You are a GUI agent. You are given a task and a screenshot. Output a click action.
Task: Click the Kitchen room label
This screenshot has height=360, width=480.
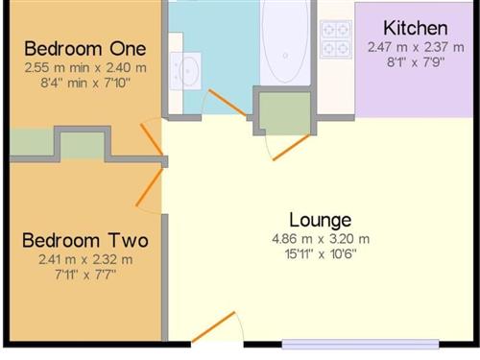[x=416, y=28]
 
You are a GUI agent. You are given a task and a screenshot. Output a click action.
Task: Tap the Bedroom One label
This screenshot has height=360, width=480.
[x=85, y=49]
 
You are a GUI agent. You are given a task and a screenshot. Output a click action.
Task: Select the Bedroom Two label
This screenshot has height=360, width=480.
[x=85, y=240]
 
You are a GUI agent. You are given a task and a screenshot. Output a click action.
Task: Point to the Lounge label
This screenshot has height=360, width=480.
[x=321, y=221]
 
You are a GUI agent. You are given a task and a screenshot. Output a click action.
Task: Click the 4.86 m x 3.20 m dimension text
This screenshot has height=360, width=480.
[x=321, y=239]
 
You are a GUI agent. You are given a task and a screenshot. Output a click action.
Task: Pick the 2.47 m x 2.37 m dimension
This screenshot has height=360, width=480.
[x=416, y=47]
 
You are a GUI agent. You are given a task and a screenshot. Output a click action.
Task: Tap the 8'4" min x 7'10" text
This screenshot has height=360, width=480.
[x=85, y=83]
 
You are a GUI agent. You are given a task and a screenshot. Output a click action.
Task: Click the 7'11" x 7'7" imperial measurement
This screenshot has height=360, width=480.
[x=85, y=275]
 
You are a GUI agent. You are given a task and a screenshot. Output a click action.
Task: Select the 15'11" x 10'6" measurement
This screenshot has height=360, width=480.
[x=321, y=254]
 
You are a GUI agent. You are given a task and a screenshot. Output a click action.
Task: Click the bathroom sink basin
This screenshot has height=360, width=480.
[x=189, y=71]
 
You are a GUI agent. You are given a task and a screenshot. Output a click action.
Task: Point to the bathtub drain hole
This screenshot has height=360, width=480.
[x=285, y=56]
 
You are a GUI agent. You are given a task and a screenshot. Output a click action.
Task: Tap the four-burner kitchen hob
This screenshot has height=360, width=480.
[x=336, y=39]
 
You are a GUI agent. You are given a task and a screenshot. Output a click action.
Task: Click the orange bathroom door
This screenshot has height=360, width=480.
[x=228, y=103]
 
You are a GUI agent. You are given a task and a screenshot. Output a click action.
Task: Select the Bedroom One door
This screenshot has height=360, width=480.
[x=152, y=139]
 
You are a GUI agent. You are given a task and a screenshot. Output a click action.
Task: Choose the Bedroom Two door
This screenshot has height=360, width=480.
[x=150, y=187]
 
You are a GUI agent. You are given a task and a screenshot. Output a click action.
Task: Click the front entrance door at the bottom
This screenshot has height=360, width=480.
[x=213, y=326]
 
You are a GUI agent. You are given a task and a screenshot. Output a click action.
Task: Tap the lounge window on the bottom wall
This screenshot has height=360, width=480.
[x=360, y=344]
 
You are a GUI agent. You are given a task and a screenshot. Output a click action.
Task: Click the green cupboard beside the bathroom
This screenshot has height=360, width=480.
[x=284, y=113]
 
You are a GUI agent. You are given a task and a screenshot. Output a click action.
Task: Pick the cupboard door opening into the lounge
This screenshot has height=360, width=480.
[x=291, y=148]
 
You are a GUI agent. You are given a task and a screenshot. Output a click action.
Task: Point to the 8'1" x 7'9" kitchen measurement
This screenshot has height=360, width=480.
[x=416, y=62]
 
